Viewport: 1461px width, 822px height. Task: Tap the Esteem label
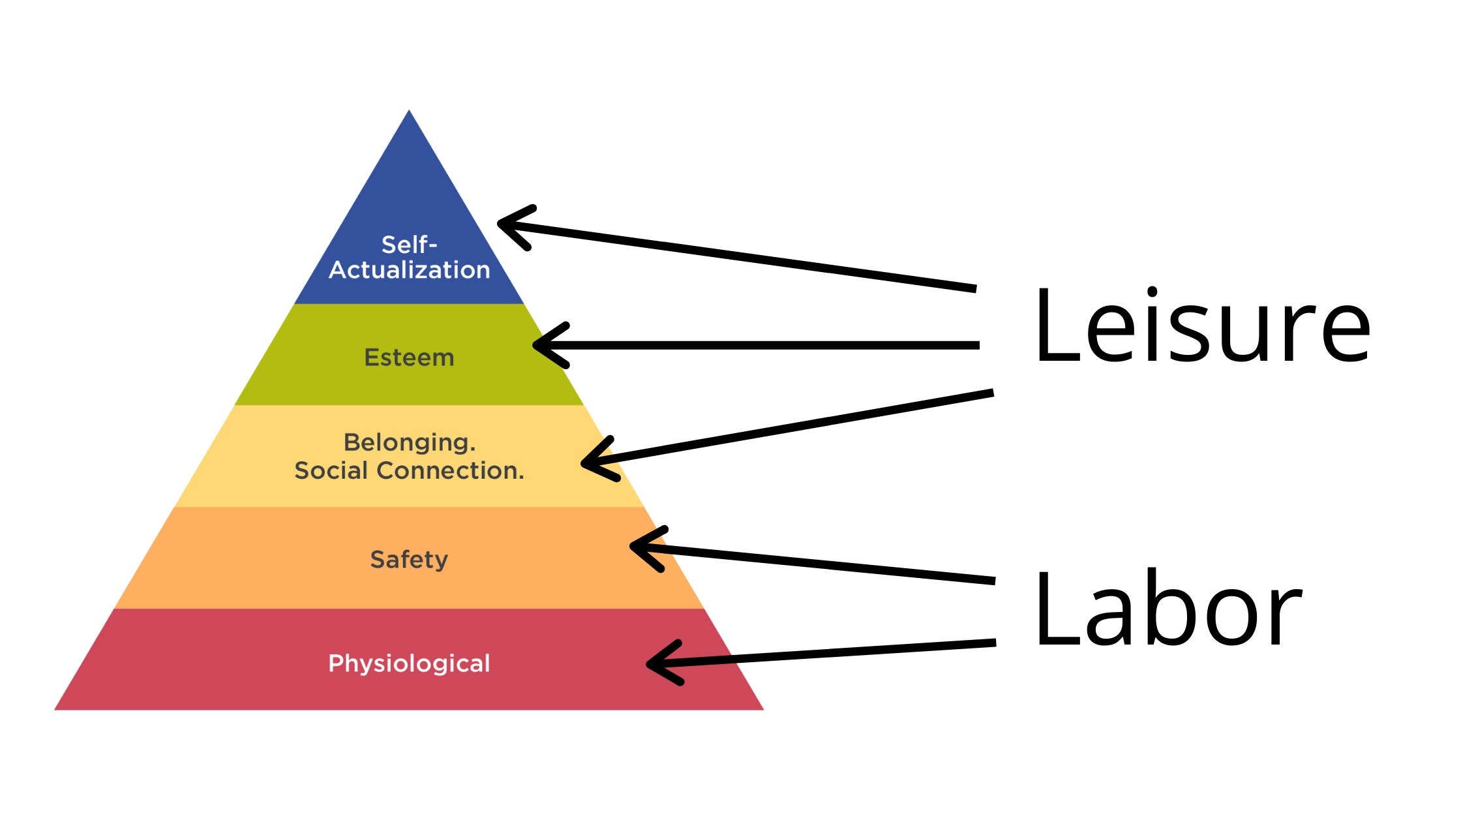coord(409,358)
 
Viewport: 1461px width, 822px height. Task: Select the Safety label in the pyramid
coord(409,560)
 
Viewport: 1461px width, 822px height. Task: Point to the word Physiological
coord(409,663)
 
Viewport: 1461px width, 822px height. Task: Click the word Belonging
coord(409,442)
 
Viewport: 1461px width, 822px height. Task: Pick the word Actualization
coord(409,269)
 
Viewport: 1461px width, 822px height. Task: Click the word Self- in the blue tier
coord(409,245)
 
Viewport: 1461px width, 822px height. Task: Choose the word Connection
coord(450,470)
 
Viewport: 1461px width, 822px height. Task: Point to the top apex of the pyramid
coord(409,112)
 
